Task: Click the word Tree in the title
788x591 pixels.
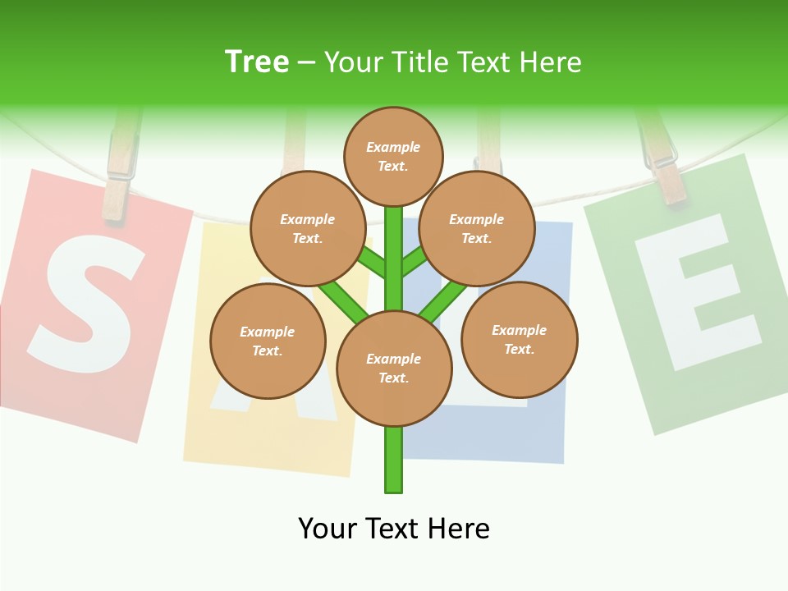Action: pyautogui.click(x=257, y=62)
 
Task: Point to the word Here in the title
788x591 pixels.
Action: pyautogui.click(x=551, y=62)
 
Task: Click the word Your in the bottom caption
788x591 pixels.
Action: pyautogui.click(x=328, y=529)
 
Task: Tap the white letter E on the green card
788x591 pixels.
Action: pyautogui.click(x=696, y=291)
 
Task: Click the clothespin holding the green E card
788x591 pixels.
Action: pyautogui.click(x=663, y=160)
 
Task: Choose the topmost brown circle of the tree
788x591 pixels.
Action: pyautogui.click(x=393, y=156)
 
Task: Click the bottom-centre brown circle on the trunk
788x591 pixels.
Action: pyautogui.click(x=394, y=369)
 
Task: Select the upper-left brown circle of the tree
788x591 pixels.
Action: pyautogui.click(x=308, y=228)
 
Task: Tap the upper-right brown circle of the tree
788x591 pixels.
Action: pyautogui.click(x=477, y=228)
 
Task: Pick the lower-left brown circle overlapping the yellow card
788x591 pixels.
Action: pyautogui.click(x=268, y=341)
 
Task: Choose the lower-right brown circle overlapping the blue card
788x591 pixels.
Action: pyautogui.click(x=520, y=339)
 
